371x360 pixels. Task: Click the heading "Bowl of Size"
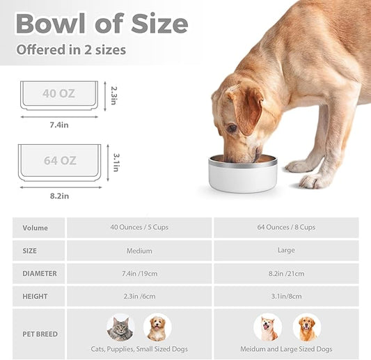pos(102,24)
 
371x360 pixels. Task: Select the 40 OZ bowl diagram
pos(58,95)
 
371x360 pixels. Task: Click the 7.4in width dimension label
pos(58,124)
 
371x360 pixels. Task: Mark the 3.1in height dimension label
pos(116,162)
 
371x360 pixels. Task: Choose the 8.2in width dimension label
pos(60,196)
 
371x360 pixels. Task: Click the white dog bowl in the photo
pos(242,175)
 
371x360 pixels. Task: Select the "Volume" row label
pos(35,228)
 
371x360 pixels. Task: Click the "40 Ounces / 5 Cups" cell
pos(140,228)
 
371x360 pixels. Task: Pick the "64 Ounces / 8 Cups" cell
pos(285,228)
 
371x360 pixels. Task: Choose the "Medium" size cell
pos(140,251)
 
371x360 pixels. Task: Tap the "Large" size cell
pos(285,251)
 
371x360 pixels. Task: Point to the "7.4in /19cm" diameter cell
pos(140,274)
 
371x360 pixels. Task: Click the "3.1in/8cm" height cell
pos(285,297)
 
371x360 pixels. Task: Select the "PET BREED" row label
pos(40,334)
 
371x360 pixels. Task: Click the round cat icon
pos(120,327)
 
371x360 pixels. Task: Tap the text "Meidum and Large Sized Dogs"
pos(285,349)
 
